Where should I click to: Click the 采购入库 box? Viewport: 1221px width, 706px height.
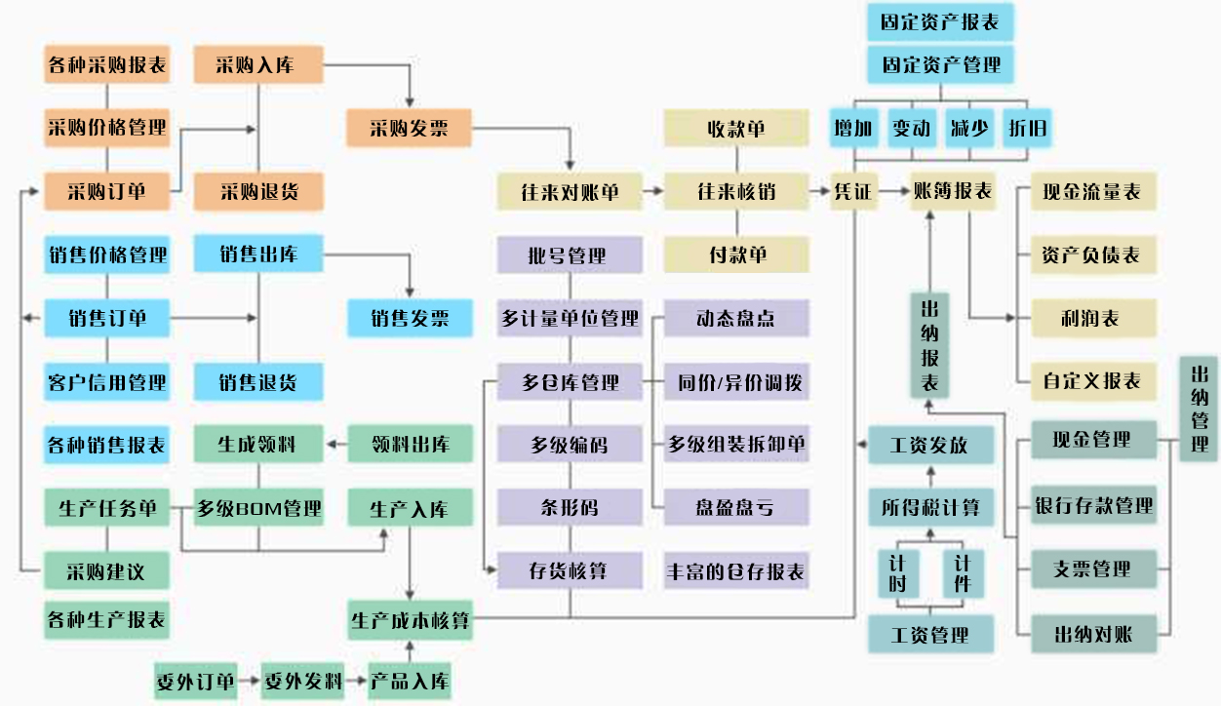tap(257, 65)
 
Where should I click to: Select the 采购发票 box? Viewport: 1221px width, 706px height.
tap(410, 128)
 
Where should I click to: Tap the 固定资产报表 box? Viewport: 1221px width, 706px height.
tap(940, 21)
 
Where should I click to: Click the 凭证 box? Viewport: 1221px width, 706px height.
tap(852, 191)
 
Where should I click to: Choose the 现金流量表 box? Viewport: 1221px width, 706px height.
tap(1092, 191)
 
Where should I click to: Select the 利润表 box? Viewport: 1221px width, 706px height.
tap(1092, 319)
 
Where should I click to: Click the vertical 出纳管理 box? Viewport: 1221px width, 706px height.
tap(1200, 408)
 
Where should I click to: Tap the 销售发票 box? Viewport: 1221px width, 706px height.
tap(410, 318)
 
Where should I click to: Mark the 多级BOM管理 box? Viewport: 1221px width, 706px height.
tap(257, 508)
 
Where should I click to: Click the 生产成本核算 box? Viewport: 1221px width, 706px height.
tap(411, 620)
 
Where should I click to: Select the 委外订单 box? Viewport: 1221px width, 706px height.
tap(195, 681)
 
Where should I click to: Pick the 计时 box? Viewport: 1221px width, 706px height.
tap(897, 573)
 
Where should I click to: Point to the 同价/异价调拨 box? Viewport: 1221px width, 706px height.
tap(736, 382)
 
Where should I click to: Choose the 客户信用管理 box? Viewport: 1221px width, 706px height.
tap(106, 381)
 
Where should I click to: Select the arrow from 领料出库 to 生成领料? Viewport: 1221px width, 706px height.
tap(335, 445)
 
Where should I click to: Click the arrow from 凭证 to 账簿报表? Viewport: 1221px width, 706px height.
tap(891, 191)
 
